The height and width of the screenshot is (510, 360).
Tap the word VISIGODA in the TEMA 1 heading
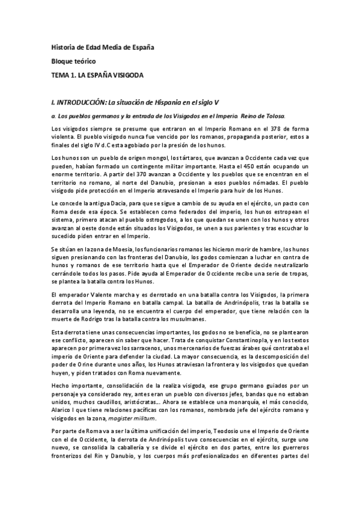(x=126, y=75)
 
